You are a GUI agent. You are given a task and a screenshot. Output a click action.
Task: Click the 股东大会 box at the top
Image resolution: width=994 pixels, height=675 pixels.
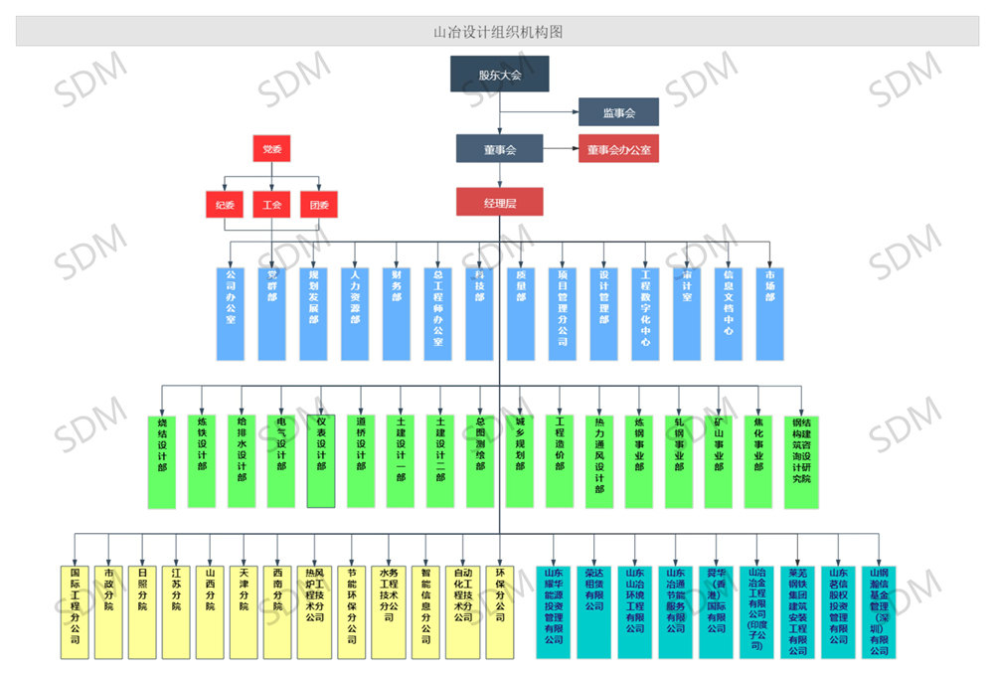499,75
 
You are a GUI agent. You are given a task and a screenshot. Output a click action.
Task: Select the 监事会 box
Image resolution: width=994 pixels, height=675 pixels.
618,113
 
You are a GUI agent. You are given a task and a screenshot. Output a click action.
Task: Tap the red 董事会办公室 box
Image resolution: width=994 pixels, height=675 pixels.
618,149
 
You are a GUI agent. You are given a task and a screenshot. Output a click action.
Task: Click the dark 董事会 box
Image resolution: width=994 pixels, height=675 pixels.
499,149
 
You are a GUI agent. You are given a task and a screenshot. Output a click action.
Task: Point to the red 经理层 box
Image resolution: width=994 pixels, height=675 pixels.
499,202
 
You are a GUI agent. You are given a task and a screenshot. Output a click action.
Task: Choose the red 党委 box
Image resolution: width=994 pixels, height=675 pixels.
271,149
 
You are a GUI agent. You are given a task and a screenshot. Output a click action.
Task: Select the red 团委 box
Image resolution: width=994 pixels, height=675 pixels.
319,206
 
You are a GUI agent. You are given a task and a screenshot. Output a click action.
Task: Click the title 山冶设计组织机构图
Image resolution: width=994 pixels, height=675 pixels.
497,32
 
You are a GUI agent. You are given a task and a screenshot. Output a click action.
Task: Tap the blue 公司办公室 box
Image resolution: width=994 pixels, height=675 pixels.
231,312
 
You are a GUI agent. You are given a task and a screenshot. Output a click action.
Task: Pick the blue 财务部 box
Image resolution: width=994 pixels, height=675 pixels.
397,312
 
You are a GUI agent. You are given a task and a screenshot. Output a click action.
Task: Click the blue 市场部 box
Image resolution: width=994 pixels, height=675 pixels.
768,312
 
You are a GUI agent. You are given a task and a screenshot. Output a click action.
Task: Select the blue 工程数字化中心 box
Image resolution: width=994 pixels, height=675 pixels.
645,312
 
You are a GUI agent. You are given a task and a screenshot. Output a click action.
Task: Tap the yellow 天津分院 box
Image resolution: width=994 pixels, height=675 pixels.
244,611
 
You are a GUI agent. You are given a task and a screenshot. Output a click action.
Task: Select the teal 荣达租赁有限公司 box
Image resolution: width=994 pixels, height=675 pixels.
593,611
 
